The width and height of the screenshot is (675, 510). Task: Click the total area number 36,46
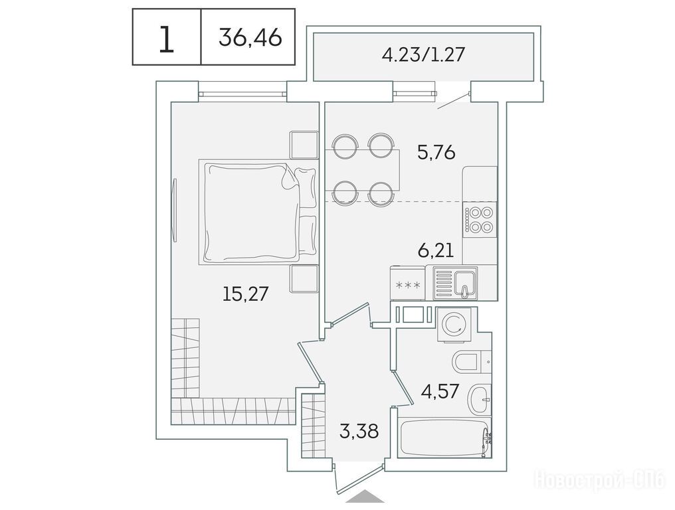coord(250,37)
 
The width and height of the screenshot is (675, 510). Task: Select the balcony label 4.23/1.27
coord(424,55)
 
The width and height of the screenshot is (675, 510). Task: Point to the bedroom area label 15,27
coord(245,294)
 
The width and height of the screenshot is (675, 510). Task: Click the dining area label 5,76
coord(436,152)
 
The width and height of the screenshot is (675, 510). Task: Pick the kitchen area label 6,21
coord(436,250)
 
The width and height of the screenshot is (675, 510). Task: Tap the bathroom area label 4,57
coord(440,391)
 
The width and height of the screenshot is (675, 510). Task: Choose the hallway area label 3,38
coord(359,431)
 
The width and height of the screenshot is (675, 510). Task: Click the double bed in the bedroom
coord(258,212)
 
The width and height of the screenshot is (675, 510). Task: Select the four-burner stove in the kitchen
coord(480,220)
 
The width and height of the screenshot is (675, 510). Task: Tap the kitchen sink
coord(456,282)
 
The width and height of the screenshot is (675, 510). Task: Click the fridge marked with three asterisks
coord(407,283)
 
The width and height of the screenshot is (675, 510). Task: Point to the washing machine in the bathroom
coord(456,325)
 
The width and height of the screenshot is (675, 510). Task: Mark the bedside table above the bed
coord(304,145)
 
